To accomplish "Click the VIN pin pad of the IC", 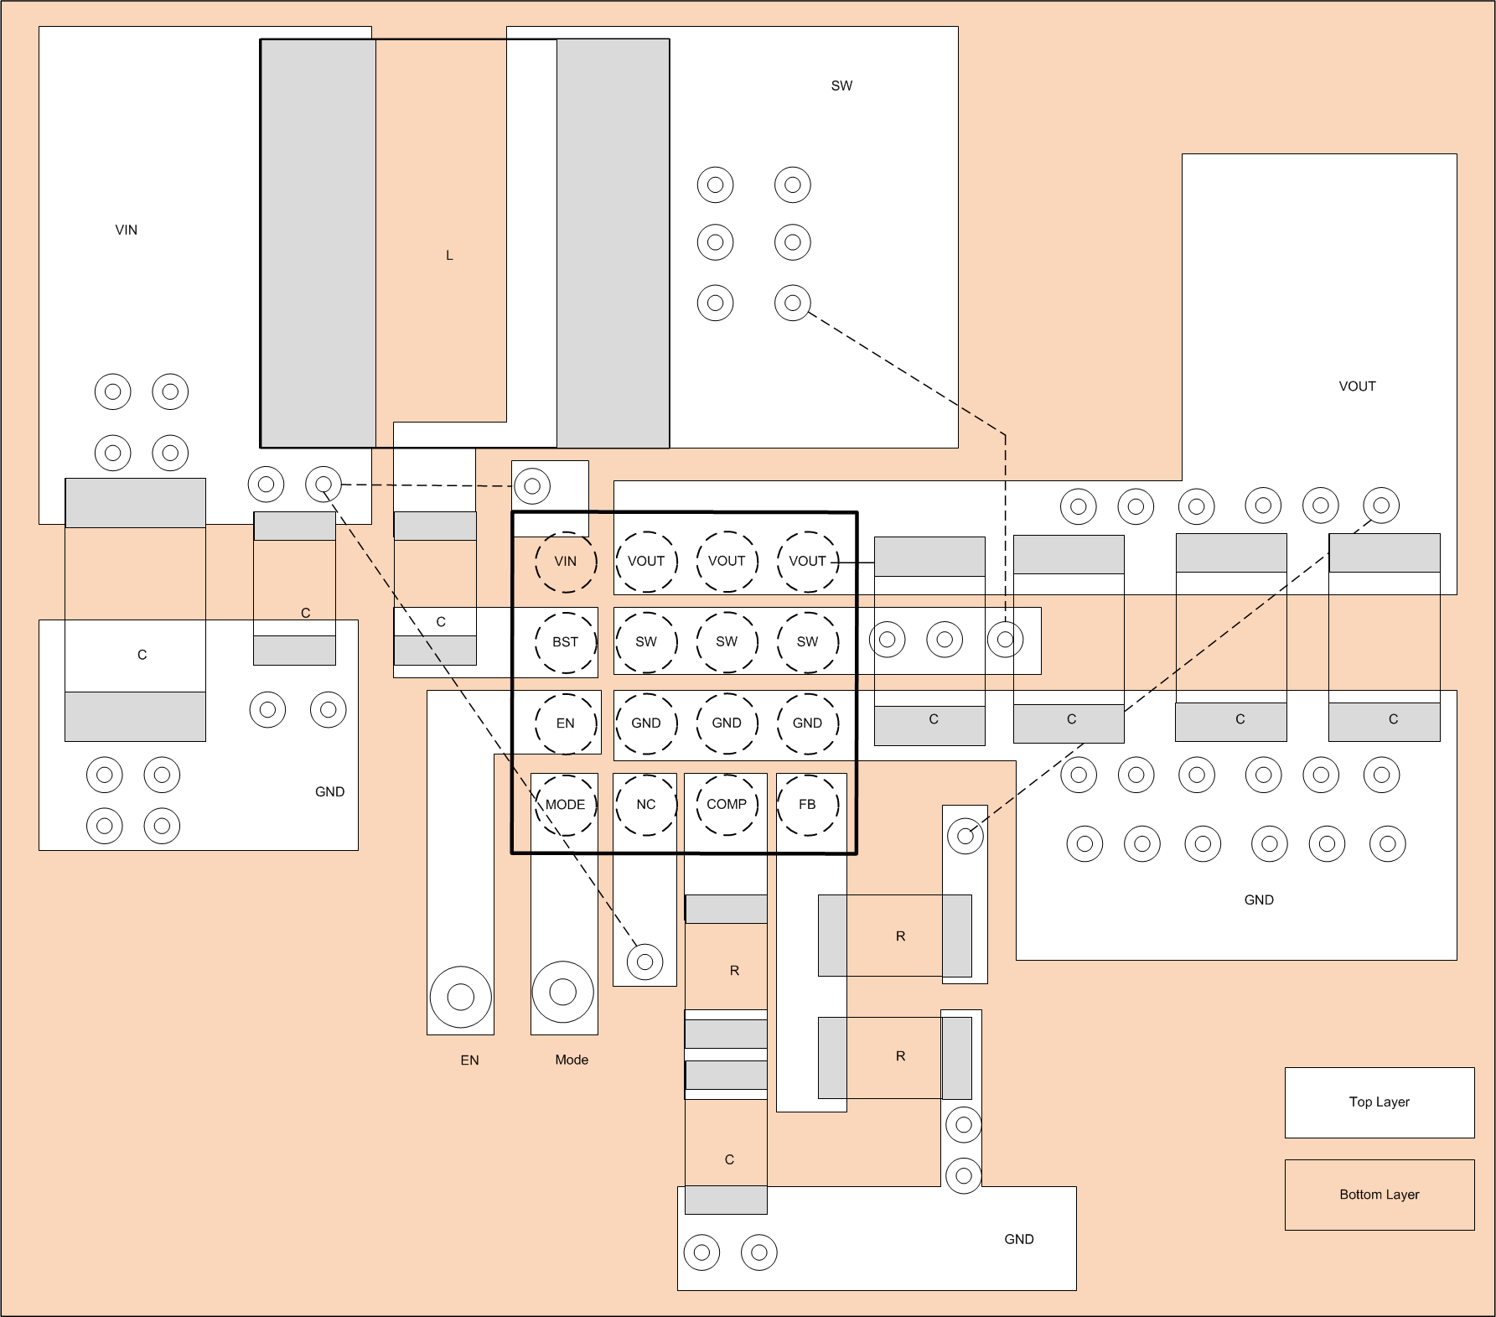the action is click(566, 562).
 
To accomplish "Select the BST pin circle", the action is click(566, 642).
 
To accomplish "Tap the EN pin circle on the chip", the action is click(566, 723).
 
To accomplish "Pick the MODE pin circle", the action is click(566, 805).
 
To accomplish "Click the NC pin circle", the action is click(646, 805).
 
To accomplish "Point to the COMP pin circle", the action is click(727, 805).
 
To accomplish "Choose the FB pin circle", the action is click(807, 805).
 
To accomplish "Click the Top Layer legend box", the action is click(1380, 1102).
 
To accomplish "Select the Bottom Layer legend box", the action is click(1380, 1195).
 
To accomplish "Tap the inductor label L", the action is click(449, 256).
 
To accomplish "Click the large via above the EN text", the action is click(460, 997).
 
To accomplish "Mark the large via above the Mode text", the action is click(563, 993).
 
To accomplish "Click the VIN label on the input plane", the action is click(127, 230).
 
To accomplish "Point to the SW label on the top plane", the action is click(841, 86).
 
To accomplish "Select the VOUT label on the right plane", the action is click(1357, 386).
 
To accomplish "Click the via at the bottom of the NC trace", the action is click(644, 962).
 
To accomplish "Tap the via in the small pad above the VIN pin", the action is click(531, 485).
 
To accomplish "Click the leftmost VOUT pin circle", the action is click(646, 562).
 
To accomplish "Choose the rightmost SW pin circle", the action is click(807, 642).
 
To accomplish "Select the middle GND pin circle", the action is click(727, 723).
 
